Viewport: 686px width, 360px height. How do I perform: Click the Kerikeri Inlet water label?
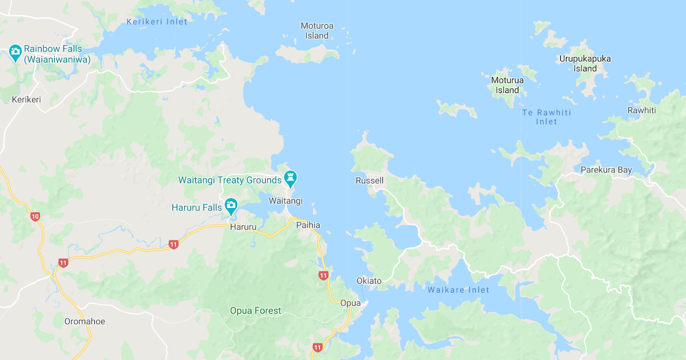157,22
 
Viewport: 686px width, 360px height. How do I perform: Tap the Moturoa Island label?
317,31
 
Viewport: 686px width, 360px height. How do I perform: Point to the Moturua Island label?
507,85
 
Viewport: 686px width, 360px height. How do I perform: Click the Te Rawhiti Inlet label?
547,117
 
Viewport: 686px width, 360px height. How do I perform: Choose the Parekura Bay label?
606,170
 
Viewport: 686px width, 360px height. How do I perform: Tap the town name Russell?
369,181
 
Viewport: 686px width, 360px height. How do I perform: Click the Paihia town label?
308,225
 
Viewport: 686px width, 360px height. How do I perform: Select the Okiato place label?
369,281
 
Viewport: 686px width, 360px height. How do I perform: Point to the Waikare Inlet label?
458,290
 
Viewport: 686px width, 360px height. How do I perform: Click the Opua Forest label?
256,311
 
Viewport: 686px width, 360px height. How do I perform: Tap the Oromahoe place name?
85,321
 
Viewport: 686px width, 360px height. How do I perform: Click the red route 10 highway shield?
35,217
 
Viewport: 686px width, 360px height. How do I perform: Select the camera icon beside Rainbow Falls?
15,52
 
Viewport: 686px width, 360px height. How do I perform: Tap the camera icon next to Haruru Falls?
231,205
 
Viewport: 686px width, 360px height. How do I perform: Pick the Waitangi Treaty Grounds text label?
230,180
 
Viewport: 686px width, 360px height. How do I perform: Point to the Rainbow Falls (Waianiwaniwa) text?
57,54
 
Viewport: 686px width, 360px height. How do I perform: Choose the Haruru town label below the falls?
241,227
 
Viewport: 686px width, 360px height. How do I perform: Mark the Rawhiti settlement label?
641,110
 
